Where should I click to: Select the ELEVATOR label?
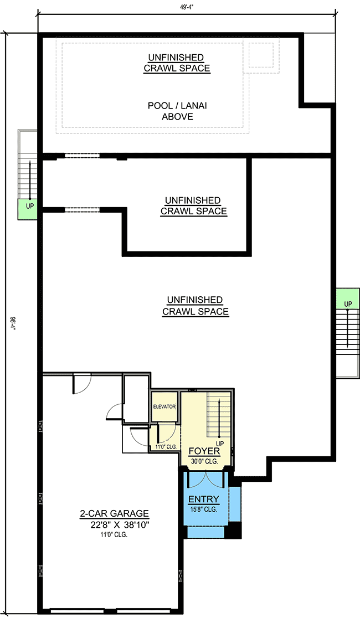[164, 406]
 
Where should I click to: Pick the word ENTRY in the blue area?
[204, 499]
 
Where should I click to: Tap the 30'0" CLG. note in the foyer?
[204, 461]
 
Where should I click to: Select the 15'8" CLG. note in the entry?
[204, 509]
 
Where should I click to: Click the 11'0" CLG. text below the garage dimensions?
[113, 535]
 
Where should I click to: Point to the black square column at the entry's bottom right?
[235, 531]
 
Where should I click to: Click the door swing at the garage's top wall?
[81, 384]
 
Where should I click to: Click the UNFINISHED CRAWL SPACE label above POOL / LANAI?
[177, 63]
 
